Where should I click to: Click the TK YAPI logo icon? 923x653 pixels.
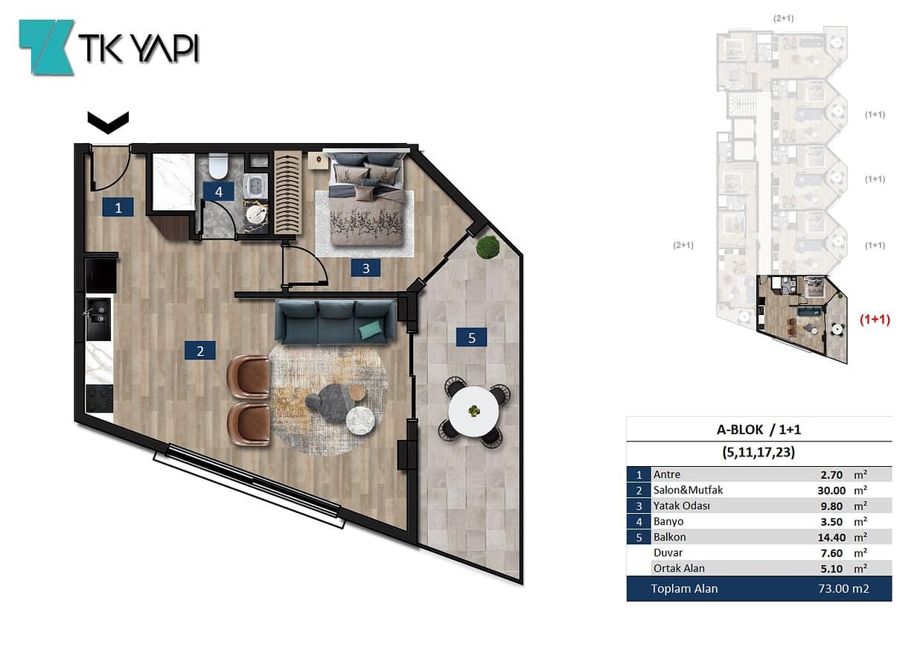tap(47, 48)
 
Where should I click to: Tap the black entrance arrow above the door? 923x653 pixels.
tap(108, 123)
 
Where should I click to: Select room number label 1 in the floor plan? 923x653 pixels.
tap(118, 207)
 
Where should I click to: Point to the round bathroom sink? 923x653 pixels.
tap(255, 214)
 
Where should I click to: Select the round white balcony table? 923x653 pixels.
tap(473, 412)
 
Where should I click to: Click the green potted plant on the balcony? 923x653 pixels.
tap(488, 247)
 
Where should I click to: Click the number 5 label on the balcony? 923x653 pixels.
tap(472, 338)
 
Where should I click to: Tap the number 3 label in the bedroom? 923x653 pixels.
tap(366, 268)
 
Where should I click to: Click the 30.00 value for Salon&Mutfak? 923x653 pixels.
tap(831, 491)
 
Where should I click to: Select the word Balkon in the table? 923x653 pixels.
tap(670, 537)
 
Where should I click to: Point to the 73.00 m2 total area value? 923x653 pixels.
tap(843, 589)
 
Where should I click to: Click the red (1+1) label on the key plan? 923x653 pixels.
tap(875, 319)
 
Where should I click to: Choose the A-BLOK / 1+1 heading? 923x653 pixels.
tap(758, 430)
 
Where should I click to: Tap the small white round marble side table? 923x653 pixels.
tap(360, 421)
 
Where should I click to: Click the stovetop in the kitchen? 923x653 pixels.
tap(99, 398)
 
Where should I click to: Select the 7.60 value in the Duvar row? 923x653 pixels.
tap(831, 553)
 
